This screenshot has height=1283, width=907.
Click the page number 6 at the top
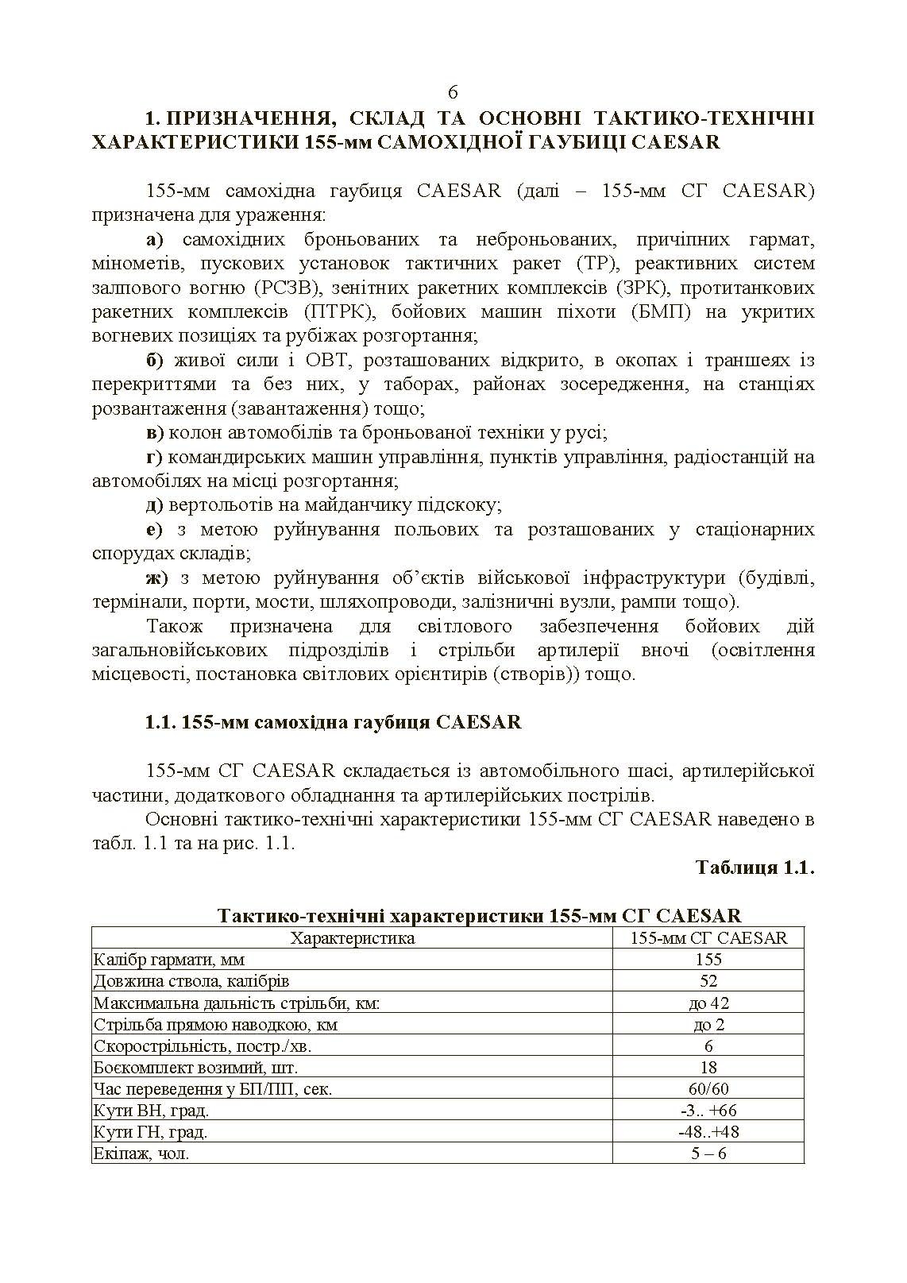[x=453, y=93]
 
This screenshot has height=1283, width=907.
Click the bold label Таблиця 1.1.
[x=755, y=867]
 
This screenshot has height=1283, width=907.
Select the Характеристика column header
[x=352, y=938]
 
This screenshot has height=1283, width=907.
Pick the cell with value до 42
[x=708, y=1003]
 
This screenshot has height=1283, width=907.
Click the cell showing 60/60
[x=708, y=1088]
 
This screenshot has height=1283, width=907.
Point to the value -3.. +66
[x=708, y=1110]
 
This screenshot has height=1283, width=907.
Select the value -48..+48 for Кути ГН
[x=708, y=1131]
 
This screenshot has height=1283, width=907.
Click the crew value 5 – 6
[x=708, y=1153]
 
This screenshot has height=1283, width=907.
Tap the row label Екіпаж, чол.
[x=141, y=1153]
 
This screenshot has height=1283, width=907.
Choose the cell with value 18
[x=708, y=1067]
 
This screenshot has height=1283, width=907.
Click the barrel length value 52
[x=708, y=981]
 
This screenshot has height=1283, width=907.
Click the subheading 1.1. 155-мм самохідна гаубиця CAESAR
[x=334, y=722]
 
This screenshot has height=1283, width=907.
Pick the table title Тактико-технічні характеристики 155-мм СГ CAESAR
[x=479, y=915]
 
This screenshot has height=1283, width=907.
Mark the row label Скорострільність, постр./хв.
[x=203, y=1045]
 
